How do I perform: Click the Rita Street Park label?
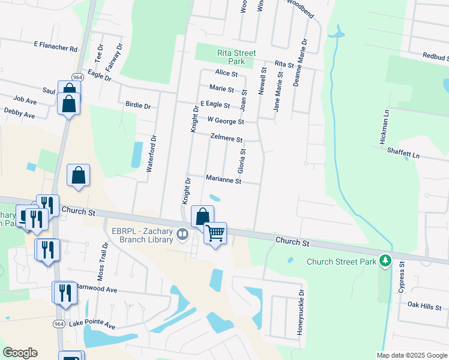[237, 57]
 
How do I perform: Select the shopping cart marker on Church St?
[215, 232]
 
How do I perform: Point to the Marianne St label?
[223, 180]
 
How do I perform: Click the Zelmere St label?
[226, 138]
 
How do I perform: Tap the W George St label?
[225, 121]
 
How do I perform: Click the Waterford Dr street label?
[153, 154]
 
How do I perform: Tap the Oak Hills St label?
[424, 306]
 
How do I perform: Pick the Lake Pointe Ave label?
[92, 324]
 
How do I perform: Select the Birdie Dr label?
[138, 106]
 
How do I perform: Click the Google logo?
[20, 353]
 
